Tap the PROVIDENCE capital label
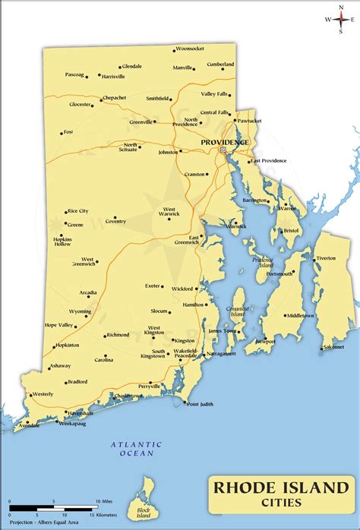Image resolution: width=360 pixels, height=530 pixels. click(x=224, y=142)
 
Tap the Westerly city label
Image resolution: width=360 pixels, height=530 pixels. click(x=43, y=394)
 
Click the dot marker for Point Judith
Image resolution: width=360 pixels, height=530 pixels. click(x=184, y=402)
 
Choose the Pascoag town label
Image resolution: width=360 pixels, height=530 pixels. click(x=74, y=74)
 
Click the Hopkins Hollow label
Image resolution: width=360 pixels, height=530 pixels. click(x=62, y=241)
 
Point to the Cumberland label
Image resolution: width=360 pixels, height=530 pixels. click(x=220, y=65)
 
